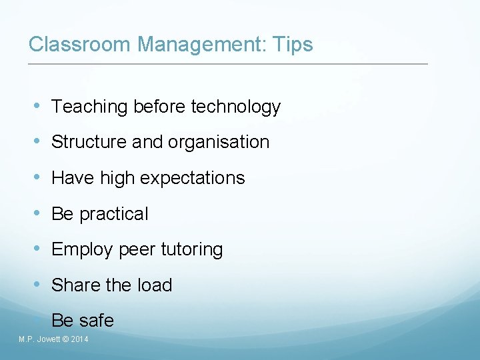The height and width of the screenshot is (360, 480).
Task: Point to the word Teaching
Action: (x=89, y=107)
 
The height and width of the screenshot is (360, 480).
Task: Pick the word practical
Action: (x=114, y=214)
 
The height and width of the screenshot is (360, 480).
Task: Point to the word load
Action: (x=155, y=285)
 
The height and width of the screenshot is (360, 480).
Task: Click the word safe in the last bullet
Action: (x=97, y=321)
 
